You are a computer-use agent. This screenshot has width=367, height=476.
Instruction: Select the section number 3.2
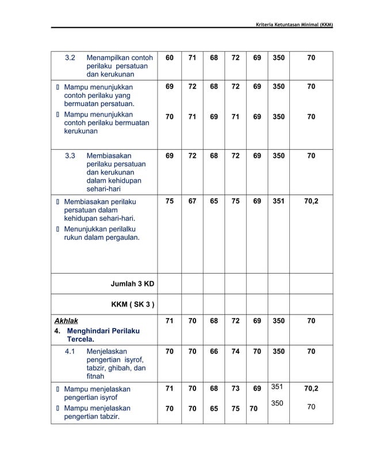[x=70, y=58]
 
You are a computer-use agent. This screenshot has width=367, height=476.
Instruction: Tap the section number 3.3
[x=70, y=156]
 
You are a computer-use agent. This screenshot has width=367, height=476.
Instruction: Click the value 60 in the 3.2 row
[x=169, y=58]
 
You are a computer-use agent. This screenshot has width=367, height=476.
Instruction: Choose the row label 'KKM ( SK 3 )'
[x=132, y=304]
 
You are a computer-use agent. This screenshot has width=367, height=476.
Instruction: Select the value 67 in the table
[x=192, y=202]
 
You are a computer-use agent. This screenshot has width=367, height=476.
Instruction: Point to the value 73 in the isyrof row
[x=235, y=389]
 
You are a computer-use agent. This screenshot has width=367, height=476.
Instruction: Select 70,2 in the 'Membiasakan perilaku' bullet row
[x=311, y=202]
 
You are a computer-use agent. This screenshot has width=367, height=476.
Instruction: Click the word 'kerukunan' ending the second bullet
[x=81, y=131]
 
